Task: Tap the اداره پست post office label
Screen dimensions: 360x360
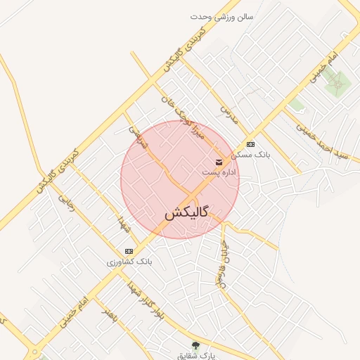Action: pos(219,172)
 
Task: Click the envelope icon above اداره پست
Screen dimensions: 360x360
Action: pos(219,162)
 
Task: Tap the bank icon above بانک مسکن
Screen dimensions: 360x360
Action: pos(251,144)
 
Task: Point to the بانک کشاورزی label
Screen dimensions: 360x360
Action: pos(129,261)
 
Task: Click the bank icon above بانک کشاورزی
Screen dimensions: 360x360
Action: pos(129,251)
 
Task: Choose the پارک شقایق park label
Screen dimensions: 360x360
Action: pos(195,355)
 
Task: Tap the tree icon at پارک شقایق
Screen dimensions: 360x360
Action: pos(195,345)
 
